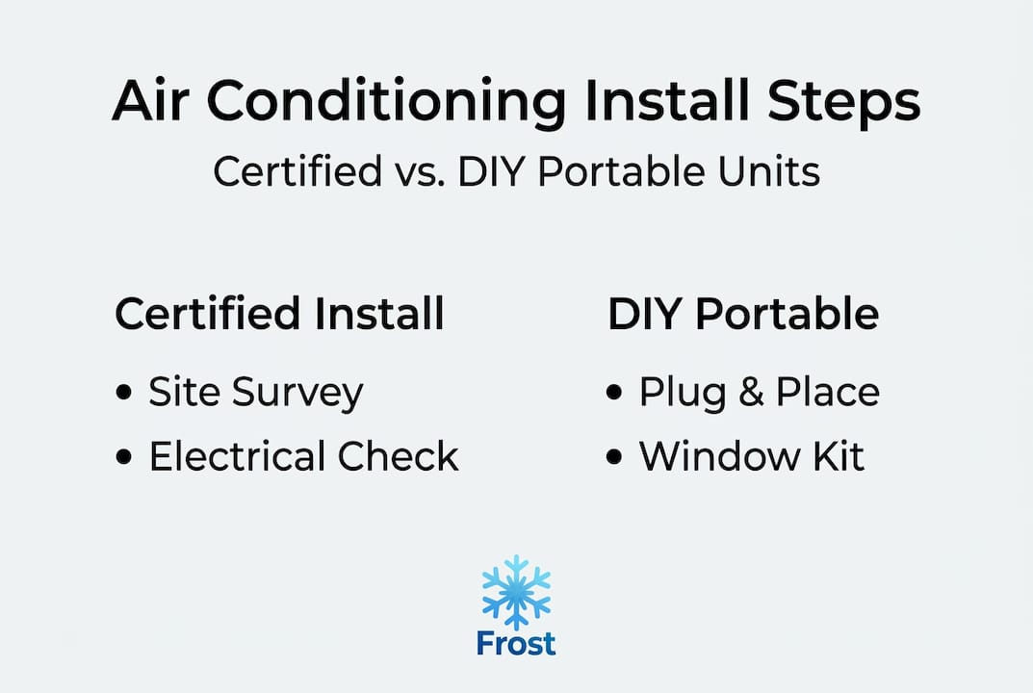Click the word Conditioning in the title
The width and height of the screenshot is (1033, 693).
click(386, 103)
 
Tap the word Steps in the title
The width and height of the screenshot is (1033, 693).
click(844, 103)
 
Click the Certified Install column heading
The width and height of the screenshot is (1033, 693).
click(279, 314)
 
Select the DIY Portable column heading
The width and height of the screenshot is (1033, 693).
click(743, 314)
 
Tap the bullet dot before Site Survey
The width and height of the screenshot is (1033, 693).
click(123, 392)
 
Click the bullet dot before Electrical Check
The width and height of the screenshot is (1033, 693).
click(123, 456)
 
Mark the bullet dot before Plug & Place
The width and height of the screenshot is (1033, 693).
click(613, 392)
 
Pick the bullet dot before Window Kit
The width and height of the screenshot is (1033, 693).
click(613, 456)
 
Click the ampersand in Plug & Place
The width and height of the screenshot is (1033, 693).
click(751, 392)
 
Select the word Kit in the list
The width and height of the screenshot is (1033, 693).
click(838, 456)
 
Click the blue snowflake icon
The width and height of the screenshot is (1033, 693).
click(516, 592)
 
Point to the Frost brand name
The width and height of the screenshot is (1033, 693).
click(516, 644)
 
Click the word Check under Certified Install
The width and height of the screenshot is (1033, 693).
click(398, 456)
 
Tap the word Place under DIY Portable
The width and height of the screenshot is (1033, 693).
click(827, 392)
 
